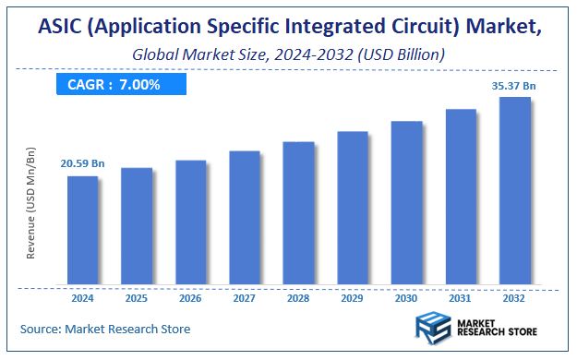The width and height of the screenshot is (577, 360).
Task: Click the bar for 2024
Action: [83, 229]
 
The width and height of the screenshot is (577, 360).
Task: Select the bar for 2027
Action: [245, 217]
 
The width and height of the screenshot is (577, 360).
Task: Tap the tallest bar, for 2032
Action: [514, 190]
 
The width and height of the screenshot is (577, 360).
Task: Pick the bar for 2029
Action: [353, 207]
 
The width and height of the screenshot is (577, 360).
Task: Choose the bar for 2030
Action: [406, 202]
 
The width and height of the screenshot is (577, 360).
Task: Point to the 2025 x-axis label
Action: [137, 298]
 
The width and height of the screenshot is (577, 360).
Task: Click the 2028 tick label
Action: [298, 298]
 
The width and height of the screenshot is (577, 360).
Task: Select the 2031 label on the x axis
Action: [461, 298]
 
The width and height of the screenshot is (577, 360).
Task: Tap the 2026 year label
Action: [191, 298]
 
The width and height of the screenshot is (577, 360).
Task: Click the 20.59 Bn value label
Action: [83, 163]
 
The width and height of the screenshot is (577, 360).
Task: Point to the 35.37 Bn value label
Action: [513, 86]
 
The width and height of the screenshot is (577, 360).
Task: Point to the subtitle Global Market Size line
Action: [289, 54]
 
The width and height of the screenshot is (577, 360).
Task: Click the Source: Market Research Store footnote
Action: [105, 329]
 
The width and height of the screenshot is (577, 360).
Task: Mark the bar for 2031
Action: [461, 196]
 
